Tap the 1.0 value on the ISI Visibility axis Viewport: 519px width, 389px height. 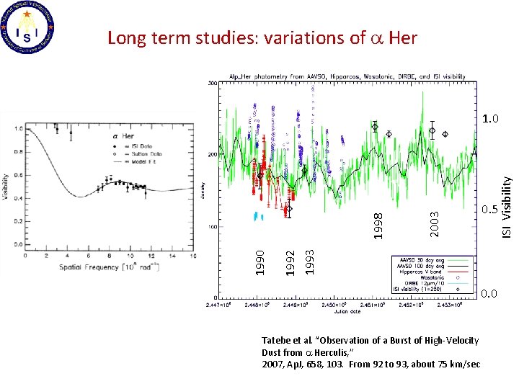click(x=492, y=118)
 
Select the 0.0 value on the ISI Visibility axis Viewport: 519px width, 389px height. click(x=489, y=295)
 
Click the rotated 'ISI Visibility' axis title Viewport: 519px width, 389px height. click(x=507, y=209)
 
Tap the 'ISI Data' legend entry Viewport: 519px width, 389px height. click(x=124, y=146)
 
